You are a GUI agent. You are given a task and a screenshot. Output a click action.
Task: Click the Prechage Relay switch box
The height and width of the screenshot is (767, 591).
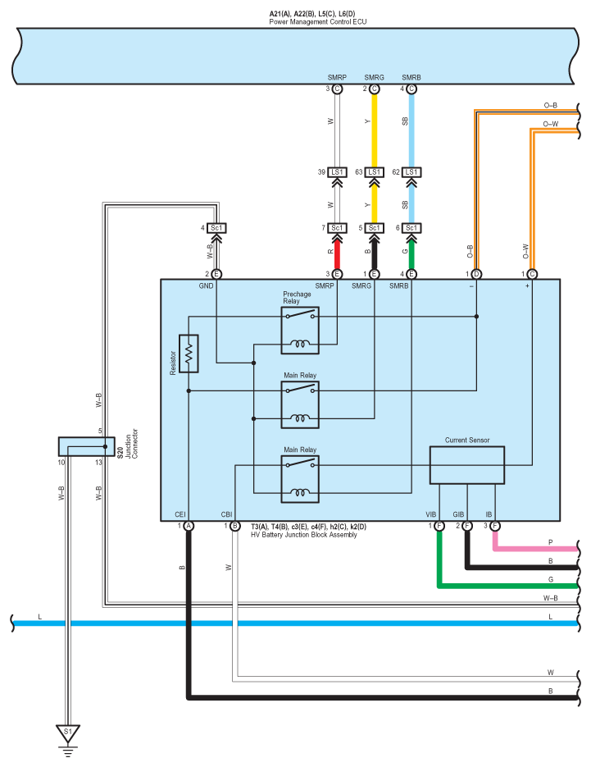pos(300,331)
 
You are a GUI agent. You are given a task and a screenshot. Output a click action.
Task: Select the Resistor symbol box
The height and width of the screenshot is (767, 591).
pos(189,354)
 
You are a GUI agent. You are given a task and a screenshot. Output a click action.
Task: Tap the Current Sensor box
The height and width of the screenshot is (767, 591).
pos(467,465)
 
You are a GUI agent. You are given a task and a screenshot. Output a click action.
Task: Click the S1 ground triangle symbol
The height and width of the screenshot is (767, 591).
pos(68,733)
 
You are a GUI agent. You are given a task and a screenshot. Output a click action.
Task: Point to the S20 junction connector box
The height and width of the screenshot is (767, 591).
pos(87,446)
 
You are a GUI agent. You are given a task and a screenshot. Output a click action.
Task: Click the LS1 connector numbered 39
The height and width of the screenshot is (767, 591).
pos(337,172)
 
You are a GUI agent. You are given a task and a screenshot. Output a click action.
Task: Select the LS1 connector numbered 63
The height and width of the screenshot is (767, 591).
pos(374,172)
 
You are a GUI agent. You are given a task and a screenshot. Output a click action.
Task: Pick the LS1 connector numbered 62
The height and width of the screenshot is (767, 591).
pos(411,172)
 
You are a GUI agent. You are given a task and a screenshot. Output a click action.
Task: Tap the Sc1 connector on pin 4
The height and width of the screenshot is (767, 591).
pos(216,228)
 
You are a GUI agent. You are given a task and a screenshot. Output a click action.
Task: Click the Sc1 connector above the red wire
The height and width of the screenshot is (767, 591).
pos(337,228)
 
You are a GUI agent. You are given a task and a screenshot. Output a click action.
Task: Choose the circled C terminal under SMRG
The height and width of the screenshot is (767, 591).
pos(375,89)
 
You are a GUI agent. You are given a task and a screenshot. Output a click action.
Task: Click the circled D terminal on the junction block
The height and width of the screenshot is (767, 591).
pos(476,275)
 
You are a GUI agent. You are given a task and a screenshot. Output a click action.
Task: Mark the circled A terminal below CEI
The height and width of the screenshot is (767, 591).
pos(189,527)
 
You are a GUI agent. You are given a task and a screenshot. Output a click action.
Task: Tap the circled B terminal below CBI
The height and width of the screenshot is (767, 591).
pos(235,527)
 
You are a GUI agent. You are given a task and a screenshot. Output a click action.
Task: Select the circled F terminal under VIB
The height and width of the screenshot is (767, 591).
pos(439,527)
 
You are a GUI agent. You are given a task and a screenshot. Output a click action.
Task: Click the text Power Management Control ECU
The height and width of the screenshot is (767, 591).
pos(318,22)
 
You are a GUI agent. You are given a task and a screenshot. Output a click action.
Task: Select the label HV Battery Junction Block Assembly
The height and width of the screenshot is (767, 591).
pos(304,535)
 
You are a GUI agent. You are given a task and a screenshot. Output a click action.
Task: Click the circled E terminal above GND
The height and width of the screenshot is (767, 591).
pos(216,275)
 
